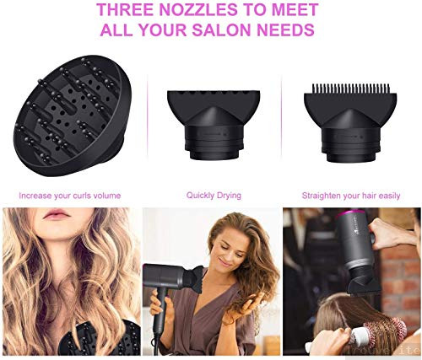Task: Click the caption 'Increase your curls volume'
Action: tap(70, 196)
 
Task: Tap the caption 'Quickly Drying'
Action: tap(214, 196)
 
